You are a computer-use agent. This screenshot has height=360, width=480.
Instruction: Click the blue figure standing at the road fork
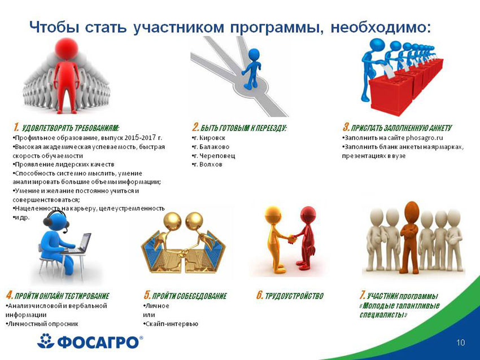click(252, 69)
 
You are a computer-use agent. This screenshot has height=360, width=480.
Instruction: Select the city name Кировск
click(212, 138)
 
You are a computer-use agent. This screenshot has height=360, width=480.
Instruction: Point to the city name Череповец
click(217, 156)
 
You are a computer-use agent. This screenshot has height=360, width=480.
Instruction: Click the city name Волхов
click(211, 165)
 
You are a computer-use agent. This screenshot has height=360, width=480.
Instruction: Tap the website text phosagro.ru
click(424, 138)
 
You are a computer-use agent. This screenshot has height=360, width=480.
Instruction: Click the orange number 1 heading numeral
click(16, 127)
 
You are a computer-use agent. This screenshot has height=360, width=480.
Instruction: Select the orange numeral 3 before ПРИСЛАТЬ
click(346, 127)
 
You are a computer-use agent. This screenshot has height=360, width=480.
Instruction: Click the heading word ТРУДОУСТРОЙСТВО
click(294, 296)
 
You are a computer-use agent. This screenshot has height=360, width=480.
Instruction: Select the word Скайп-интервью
click(172, 324)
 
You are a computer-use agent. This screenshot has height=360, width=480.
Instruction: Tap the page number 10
click(460, 343)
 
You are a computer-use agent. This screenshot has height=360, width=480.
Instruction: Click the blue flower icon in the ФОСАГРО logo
click(46, 341)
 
